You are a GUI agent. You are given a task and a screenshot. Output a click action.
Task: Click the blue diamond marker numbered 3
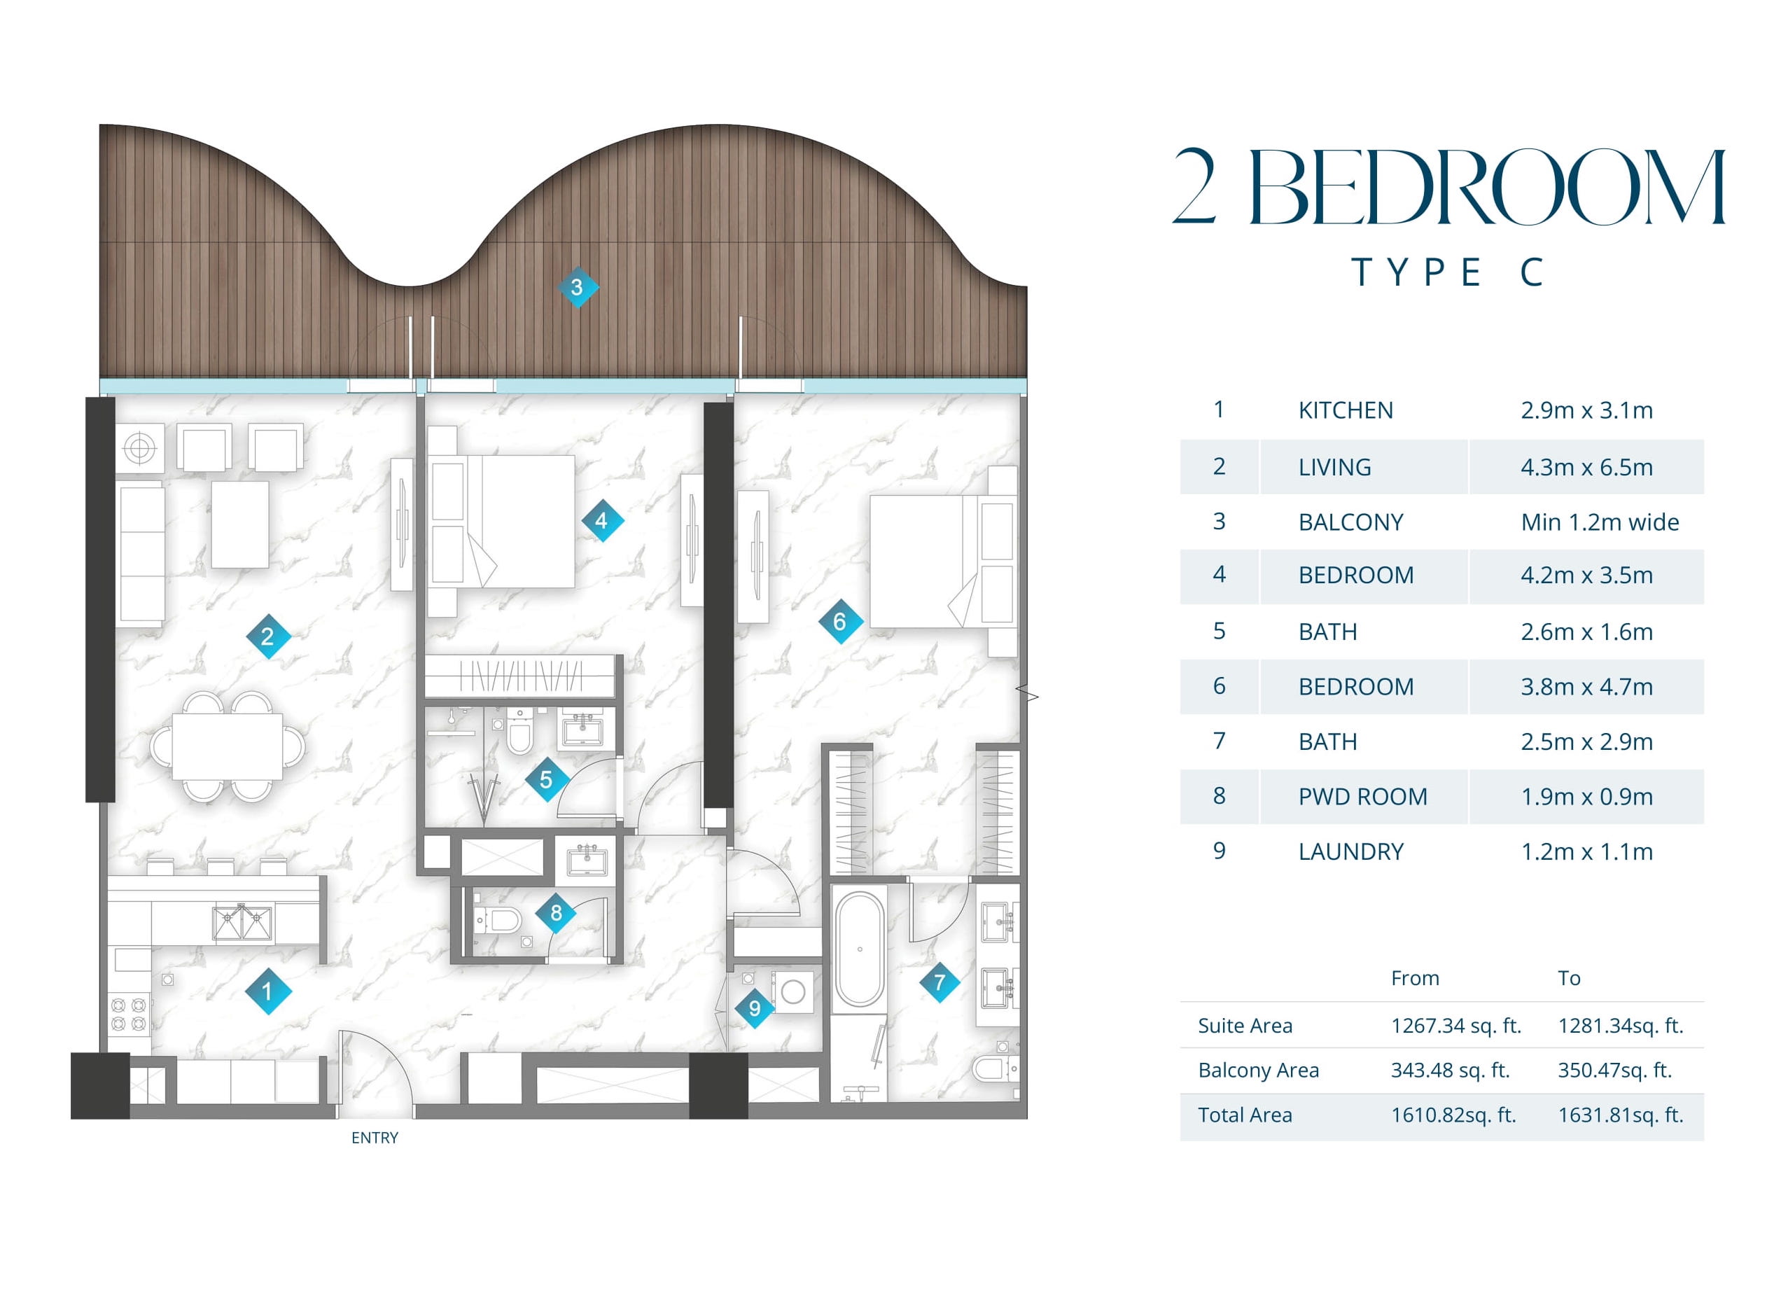click(x=578, y=287)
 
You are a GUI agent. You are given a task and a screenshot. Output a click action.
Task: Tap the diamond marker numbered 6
click(x=840, y=622)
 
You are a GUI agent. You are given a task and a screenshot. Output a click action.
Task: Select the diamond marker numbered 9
click(x=755, y=1008)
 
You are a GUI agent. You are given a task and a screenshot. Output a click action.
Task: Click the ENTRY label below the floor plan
click(x=375, y=1138)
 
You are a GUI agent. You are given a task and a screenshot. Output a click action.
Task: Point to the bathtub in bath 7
click(x=860, y=949)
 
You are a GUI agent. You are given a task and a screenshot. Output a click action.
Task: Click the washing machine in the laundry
click(x=793, y=991)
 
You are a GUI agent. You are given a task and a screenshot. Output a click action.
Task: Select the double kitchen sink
click(x=242, y=923)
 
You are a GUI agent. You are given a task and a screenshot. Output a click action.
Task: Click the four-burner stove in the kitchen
click(x=129, y=1015)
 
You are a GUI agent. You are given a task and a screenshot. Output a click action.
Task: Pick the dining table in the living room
click(x=228, y=747)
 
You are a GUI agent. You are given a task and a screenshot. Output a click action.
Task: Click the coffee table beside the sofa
click(x=240, y=524)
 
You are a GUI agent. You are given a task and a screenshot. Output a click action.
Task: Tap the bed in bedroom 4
click(x=502, y=522)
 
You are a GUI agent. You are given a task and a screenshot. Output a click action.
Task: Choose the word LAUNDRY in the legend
click(x=1351, y=852)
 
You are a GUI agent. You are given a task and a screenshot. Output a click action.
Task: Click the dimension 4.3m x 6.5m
click(x=1586, y=468)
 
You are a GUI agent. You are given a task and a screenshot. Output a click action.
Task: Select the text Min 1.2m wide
click(x=1600, y=522)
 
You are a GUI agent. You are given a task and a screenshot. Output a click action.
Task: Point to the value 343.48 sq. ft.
click(x=1449, y=1071)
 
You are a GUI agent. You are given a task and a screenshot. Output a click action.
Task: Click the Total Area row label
click(x=1245, y=1115)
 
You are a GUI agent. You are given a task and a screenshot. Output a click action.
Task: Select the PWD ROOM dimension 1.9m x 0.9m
click(x=1586, y=797)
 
